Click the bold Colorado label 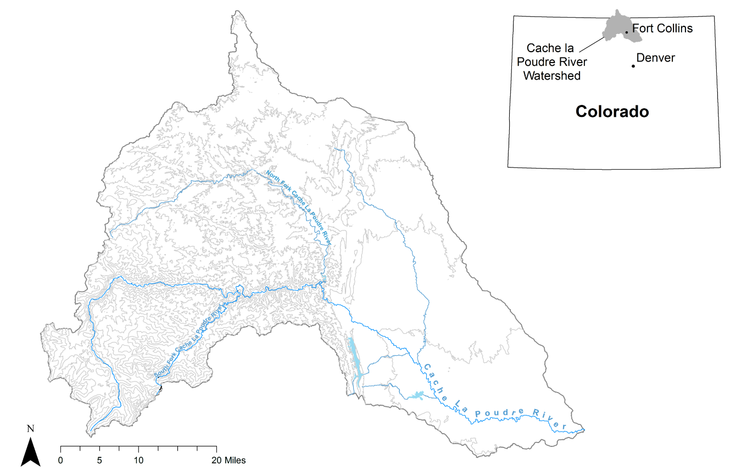[x=612, y=111]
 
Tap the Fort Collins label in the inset [x=662, y=28]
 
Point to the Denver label [x=655, y=58]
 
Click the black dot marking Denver [x=633, y=66]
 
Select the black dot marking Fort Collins [x=626, y=32]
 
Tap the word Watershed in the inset [x=551, y=76]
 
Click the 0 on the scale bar [x=60, y=461]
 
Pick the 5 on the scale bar [x=99, y=461]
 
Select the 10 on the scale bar [x=138, y=461]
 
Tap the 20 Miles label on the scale [x=228, y=461]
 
